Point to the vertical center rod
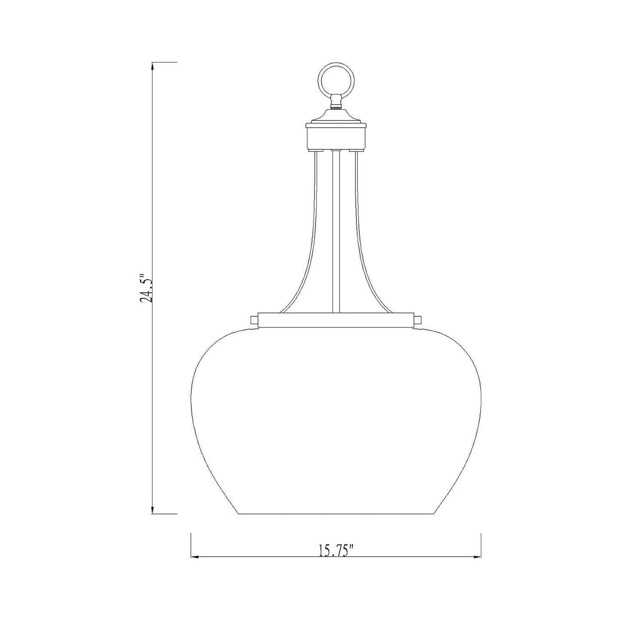pos(336,232)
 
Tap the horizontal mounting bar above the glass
pos(336,321)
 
